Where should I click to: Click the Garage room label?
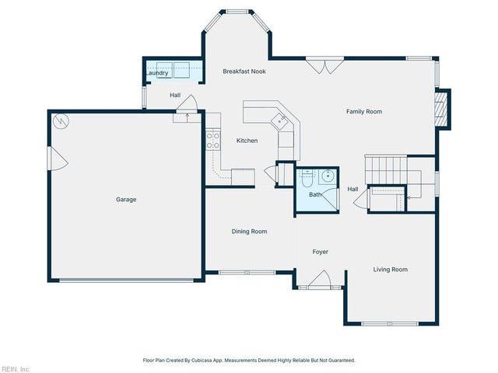pyautogui.click(x=126, y=200)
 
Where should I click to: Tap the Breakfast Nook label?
pyautogui.click(x=244, y=71)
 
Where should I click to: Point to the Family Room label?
pyautogui.click(x=363, y=112)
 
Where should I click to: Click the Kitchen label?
pyautogui.click(x=247, y=141)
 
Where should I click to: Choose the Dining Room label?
pyautogui.click(x=249, y=232)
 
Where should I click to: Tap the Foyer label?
pyautogui.click(x=321, y=252)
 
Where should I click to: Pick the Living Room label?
pyautogui.click(x=390, y=270)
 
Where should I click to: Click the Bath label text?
pyautogui.click(x=314, y=195)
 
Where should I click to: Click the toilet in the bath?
pyautogui.click(x=307, y=177)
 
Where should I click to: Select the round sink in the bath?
pyautogui.click(x=328, y=175)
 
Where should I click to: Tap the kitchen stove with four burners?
pyautogui.click(x=212, y=139)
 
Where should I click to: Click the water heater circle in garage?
pyautogui.click(x=61, y=121)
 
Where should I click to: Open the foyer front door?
pyautogui.click(x=320, y=281)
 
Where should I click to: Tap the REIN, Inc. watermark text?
pyautogui.click(x=15, y=368)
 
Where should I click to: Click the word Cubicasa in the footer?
pyautogui.click(x=202, y=361)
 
